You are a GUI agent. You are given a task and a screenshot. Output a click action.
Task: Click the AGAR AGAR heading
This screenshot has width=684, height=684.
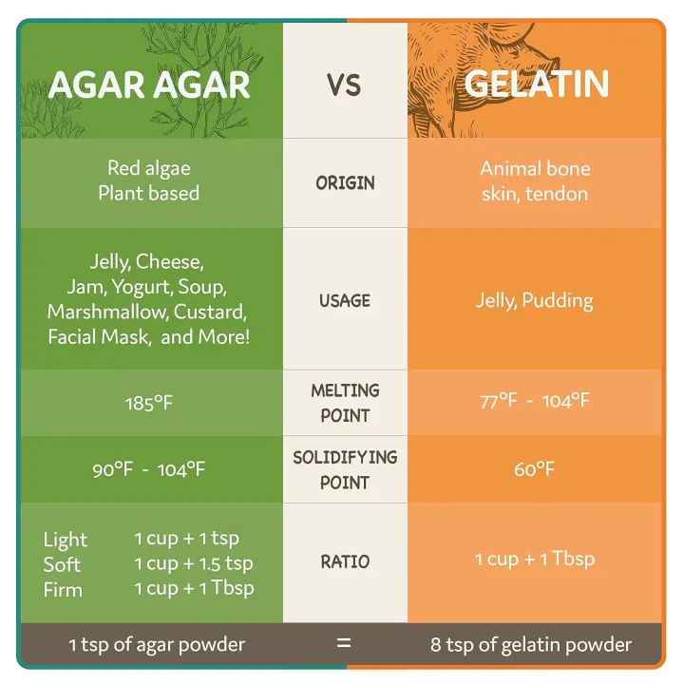click(x=149, y=85)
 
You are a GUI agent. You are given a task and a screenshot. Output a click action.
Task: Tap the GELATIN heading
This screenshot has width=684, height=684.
click(x=536, y=85)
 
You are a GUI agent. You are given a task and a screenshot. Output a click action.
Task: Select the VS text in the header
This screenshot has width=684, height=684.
click(x=344, y=85)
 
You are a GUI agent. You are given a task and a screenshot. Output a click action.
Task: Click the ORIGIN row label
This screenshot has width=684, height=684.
click(x=345, y=182)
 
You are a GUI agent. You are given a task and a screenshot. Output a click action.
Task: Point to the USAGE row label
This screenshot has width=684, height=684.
click(x=345, y=300)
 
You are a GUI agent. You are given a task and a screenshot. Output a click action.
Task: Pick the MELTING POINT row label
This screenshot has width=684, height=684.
click(x=345, y=403)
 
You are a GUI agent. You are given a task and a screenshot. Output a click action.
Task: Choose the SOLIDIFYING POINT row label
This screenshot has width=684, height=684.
click(x=345, y=469)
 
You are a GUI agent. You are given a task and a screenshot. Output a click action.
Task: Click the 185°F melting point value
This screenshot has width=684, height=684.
click(x=149, y=403)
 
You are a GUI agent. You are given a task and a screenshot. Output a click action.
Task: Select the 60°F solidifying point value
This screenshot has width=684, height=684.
click(x=535, y=469)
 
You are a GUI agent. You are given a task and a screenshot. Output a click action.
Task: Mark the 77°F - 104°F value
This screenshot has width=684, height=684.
click(x=535, y=401)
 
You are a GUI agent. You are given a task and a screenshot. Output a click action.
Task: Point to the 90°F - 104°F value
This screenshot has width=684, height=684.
click(x=149, y=469)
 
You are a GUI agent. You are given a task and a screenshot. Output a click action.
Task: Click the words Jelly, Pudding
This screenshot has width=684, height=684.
click(x=535, y=300)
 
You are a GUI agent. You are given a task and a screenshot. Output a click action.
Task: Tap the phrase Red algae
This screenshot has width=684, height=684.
click(x=149, y=168)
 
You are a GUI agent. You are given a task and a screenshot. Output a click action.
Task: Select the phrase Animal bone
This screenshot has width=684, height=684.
click(x=535, y=168)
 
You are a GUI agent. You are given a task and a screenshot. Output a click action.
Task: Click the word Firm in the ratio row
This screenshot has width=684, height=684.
click(x=63, y=589)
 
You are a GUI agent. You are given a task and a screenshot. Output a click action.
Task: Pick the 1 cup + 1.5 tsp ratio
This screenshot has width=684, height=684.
click(x=194, y=563)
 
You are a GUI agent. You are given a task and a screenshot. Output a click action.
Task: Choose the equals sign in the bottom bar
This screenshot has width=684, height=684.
click(x=344, y=643)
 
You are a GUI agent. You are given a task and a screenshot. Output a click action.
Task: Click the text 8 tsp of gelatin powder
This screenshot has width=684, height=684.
click(x=531, y=645)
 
